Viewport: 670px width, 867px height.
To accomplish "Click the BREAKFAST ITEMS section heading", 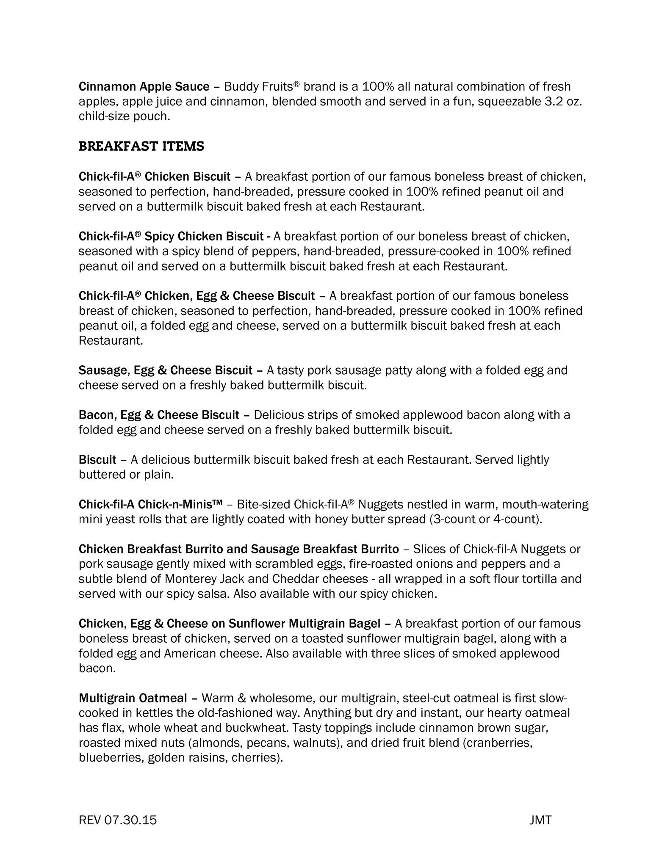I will click(141, 146).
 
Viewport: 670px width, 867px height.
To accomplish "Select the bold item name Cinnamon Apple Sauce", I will click(144, 87).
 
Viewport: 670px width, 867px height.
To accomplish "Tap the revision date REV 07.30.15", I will click(118, 820).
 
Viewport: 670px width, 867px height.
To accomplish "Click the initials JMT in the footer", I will click(540, 820).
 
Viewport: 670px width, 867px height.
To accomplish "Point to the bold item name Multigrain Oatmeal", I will click(133, 698).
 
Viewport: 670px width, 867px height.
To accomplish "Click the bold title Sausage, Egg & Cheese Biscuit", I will click(165, 370).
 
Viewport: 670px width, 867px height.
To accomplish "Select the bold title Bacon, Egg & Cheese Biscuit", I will click(159, 415).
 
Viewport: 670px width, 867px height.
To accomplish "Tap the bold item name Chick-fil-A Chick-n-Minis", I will click(150, 505).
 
